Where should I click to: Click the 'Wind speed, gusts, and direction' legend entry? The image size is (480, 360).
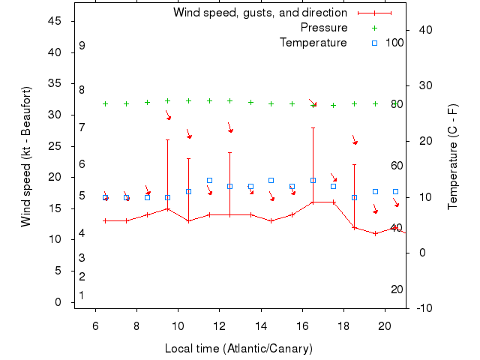pos(260,13)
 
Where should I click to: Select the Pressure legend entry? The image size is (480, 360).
pos(324,28)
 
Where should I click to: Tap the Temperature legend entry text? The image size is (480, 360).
pos(313,43)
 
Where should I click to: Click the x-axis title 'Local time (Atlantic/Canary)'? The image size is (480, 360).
pos(238,349)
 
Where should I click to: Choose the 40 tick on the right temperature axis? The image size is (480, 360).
pos(424,29)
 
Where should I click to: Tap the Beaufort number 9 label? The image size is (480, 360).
pos(82,46)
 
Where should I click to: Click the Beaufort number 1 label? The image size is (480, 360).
pos(81,295)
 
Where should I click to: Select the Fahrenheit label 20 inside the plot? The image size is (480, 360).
pos(397,289)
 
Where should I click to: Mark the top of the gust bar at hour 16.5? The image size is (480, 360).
pos(313,127)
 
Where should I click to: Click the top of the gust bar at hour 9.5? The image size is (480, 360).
pos(168,139)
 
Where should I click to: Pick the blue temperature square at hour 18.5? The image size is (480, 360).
pos(354,197)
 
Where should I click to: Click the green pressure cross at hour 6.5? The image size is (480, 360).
pos(106,103)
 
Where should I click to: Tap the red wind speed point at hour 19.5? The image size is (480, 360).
pos(375,233)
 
